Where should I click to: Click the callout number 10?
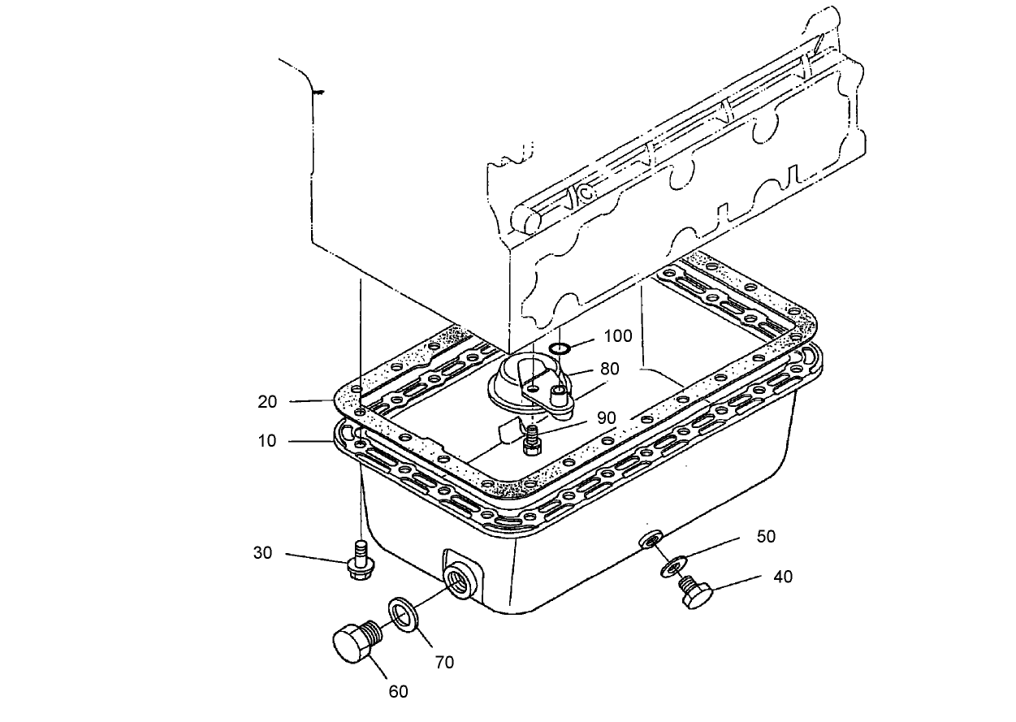click(x=267, y=441)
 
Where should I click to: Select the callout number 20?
click(x=267, y=401)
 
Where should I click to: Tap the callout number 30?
click(x=262, y=553)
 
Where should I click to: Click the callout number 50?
click(x=765, y=537)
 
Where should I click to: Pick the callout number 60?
click(x=397, y=691)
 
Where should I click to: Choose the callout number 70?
click(x=443, y=662)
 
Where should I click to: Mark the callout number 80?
click(x=609, y=369)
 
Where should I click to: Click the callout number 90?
click(x=606, y=417)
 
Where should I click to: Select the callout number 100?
click(x=617, y=336)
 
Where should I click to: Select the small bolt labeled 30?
click(x=358, y=561)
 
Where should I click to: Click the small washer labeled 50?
click(x=671, y=565)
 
